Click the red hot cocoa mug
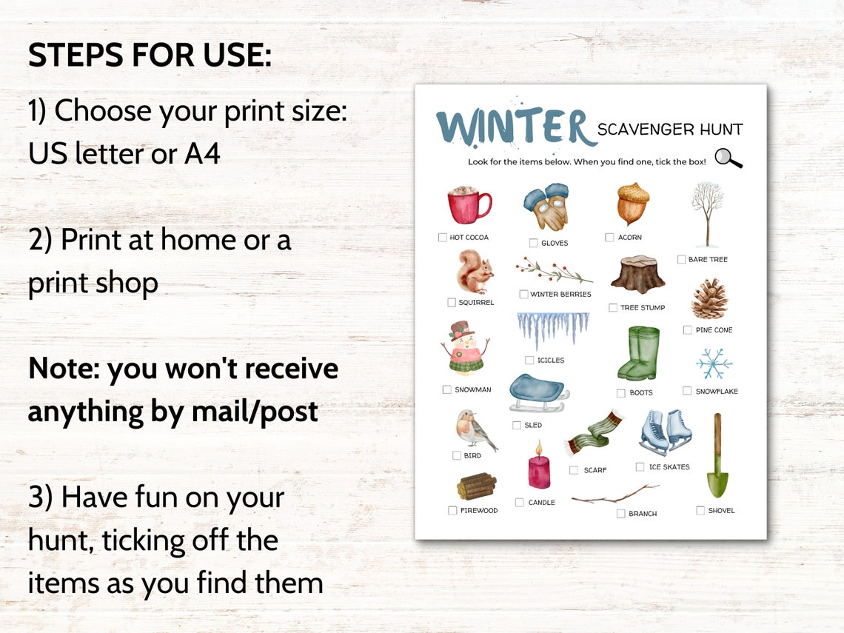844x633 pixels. (x=469, y=206)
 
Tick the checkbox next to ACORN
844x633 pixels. (x=609, y=238)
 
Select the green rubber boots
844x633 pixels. (x=638, y=354)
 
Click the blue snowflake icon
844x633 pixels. (x=714, y=364)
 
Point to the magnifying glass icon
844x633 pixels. (x=729, y=158)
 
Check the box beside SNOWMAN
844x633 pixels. (x=446, y=389)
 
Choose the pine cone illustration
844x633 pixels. (x=710, y=298)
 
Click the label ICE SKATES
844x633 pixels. (x=669, y=467)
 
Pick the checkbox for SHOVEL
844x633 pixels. (x=700, y=510)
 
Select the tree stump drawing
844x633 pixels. (x=637, y=275)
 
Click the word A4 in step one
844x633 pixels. (x=202, y=153)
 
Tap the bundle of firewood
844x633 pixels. (x=476, y=486)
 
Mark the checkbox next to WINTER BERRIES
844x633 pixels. (x=523, y=294)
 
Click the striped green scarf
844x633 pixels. (x=595, y=432)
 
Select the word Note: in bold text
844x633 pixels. (x=64, y=369)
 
